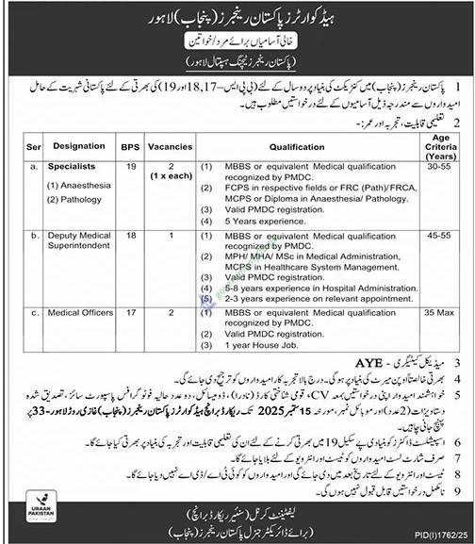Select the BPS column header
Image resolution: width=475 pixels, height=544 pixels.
tap(128, 148)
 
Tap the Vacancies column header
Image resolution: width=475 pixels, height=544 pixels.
tap(170, 148)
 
